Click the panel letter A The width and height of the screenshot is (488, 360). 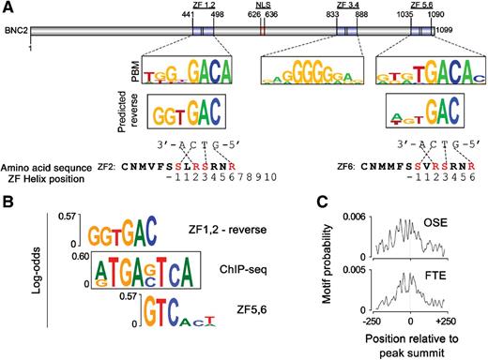click(8, 7)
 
